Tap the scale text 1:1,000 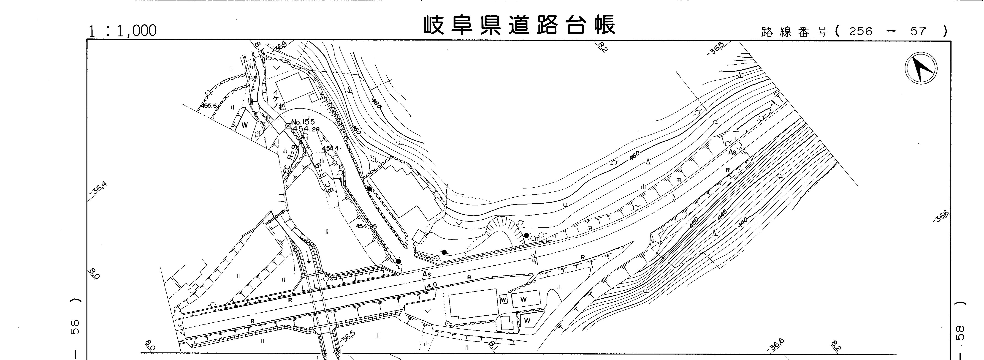point(122,31)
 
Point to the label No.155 point(303,122)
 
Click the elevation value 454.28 point(306,129)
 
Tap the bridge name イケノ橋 point(279,100)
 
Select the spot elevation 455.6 point(209,106)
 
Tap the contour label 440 point(742,222)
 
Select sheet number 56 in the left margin point(76,327)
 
